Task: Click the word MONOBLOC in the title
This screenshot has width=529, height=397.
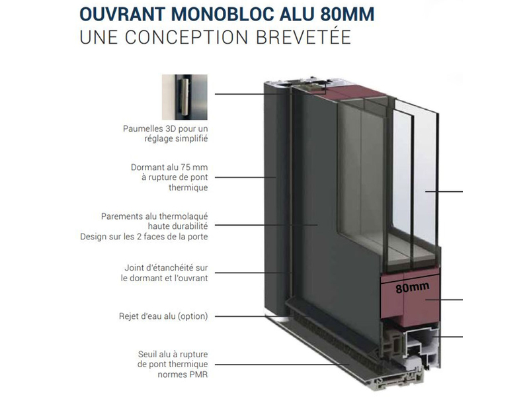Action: [224, 15]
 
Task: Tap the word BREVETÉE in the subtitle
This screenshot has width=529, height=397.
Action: [304, 37]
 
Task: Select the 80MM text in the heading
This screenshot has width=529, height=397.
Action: [348, 15]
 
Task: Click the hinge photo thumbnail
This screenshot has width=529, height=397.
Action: [184, 97]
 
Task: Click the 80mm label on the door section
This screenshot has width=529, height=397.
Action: [412, 287]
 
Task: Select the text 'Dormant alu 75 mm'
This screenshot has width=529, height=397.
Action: [169, 167]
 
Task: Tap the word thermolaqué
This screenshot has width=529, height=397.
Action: [184, 217]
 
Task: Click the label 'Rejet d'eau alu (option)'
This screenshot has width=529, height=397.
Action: [163, 317]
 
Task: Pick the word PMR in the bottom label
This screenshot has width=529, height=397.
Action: [199, 375]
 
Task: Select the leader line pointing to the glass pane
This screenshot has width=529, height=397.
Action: [444, 192]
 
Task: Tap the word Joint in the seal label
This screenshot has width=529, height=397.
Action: [133, 268]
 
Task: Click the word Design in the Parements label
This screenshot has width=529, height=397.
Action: [91, 237]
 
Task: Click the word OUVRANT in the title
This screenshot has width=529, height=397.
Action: [122, 15]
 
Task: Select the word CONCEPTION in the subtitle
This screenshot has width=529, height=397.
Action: [186, 37]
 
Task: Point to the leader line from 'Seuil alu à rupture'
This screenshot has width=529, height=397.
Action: [282, 365]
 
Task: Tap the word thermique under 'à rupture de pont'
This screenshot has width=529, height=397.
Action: [188, 188]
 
